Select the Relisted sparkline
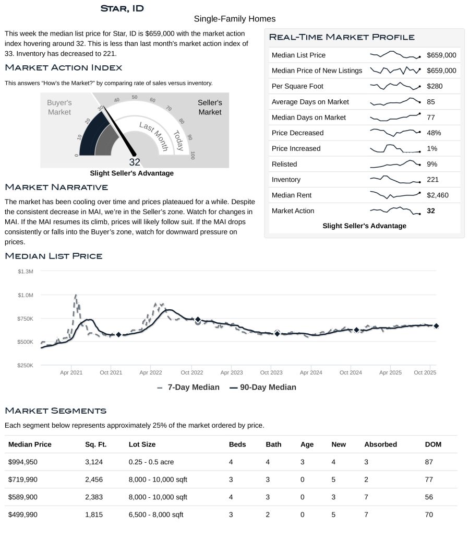tap(395, 164)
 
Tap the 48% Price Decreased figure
tap(434, 133)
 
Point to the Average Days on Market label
tap(310, 102)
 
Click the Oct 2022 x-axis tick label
tap(191, 373)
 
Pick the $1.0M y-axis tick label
tap(26, 295)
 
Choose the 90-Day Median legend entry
tap(263, 388)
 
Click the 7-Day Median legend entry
tap(188, 388)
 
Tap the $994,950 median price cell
tap(23, 462)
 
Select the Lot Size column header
tap(142, 445)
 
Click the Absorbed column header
tap(380, 445)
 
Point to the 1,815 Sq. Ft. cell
tap(94, 514)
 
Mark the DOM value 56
tap(429, 497)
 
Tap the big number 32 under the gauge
tap(135, 162)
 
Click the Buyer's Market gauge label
tap(59, 108)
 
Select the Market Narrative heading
tap(56, 187)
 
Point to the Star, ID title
tap(122, 8)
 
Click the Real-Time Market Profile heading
tap(342, 37)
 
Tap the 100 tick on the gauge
tap(193, 156)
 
